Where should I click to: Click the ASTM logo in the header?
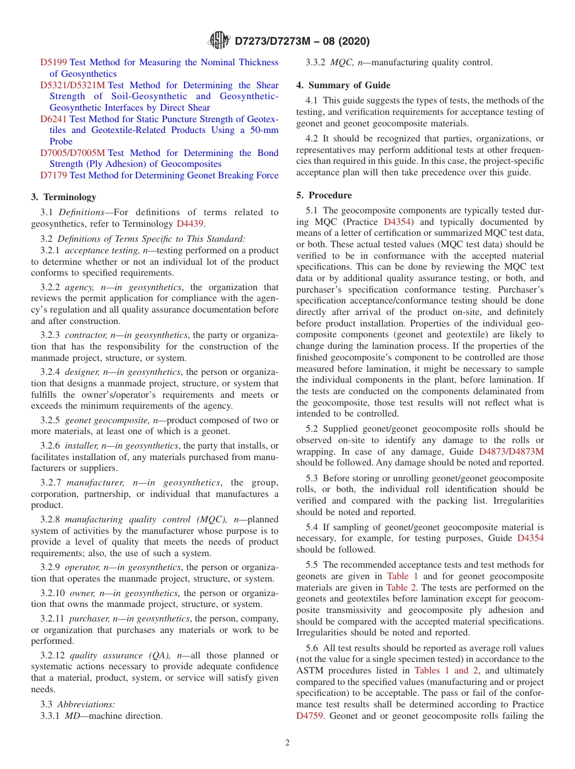[218, 41]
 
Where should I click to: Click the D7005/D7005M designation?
[73, 153]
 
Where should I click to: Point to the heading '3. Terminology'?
[64, 197]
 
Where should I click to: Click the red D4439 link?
[190, 224]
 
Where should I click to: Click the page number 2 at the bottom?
[287, 743]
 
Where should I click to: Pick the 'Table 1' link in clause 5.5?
[403, 576]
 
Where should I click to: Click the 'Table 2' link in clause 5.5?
[401, 588]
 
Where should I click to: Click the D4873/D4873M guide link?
[511, 451]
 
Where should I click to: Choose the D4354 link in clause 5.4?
[530, 538]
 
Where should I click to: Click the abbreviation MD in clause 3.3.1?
[73, 716]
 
